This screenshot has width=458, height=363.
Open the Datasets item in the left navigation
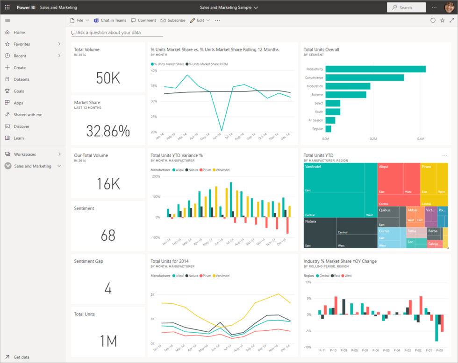point(21,79)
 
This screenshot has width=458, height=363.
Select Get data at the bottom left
point(21,357)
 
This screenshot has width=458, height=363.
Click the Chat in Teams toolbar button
point(110,21)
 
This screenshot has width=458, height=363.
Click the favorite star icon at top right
point(442,21)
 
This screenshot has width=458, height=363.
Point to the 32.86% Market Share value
point(108,131)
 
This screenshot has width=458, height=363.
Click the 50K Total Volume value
point(108,78)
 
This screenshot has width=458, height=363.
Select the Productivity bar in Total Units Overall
point(375,69)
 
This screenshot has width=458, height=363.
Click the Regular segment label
point(317,128)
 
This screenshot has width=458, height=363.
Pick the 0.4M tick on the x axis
point(421,139)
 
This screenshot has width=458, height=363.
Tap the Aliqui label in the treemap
point(384,166)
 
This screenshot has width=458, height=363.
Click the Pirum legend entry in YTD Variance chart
point(207,170)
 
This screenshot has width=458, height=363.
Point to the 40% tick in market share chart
point(154,71)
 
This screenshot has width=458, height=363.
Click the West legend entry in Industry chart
point(347,276)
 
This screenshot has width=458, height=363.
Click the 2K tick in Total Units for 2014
point(152,295)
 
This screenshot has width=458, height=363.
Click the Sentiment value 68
point(108,235)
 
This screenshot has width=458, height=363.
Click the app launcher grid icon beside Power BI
point(7,7)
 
